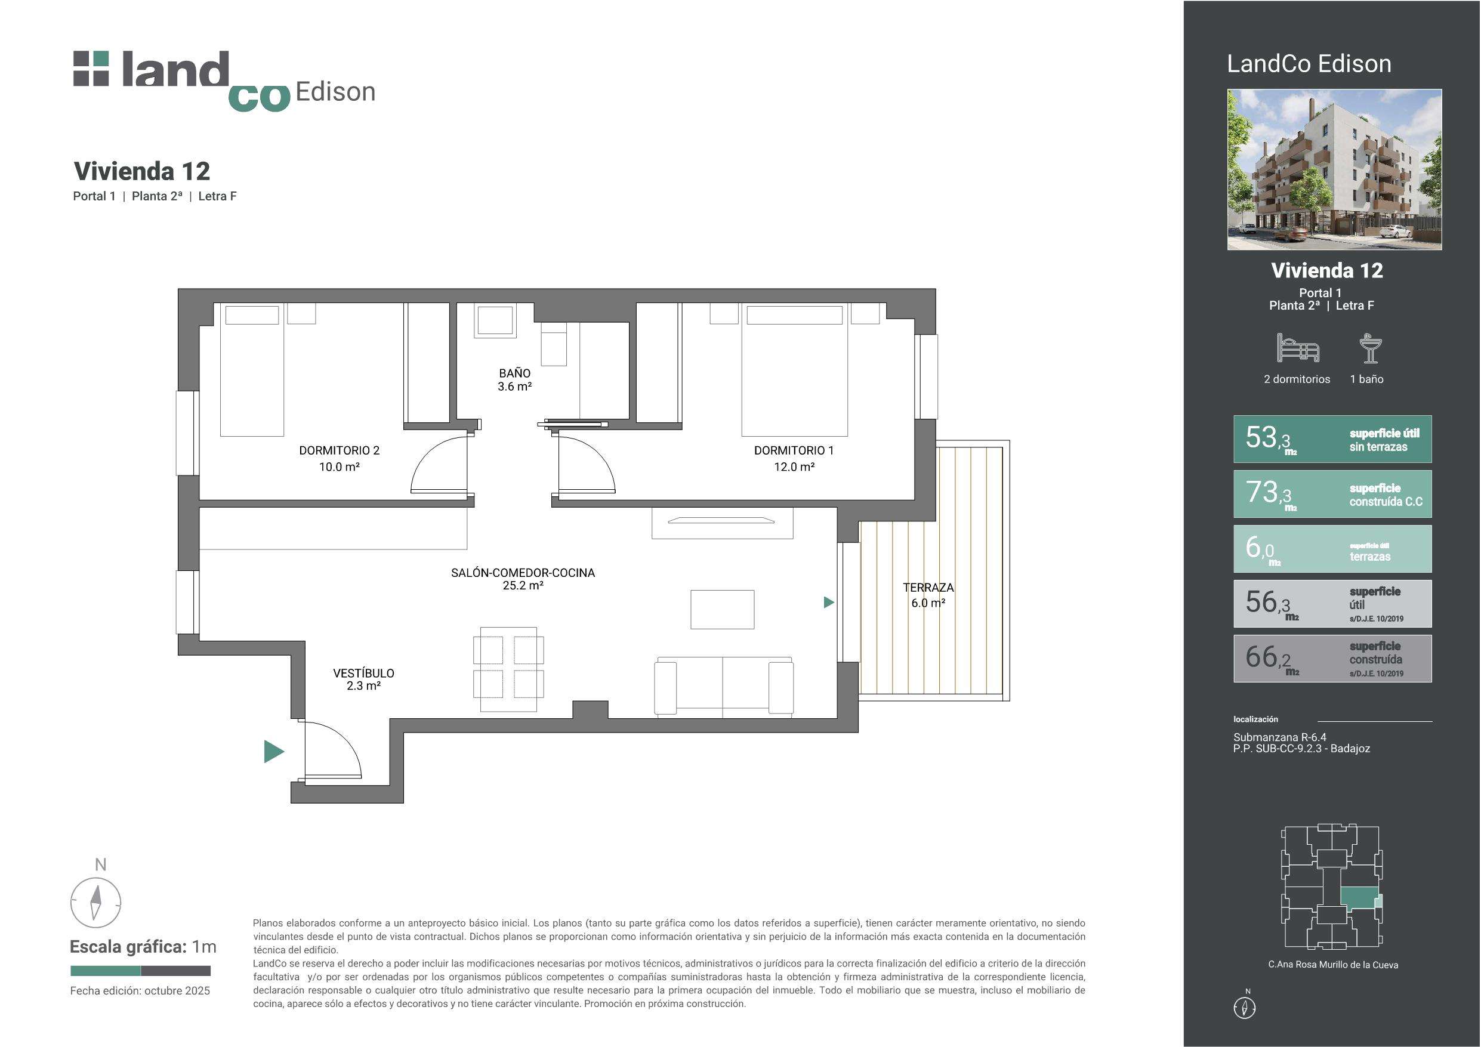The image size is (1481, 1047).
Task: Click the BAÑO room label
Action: coord(514,373)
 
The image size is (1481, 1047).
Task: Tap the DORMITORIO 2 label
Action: coord(340,450)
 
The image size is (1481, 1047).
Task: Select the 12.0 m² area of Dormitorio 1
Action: coord(794,467)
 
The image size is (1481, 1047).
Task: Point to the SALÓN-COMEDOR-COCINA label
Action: coord(523,572)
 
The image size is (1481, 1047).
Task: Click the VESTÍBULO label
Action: coord(363,673)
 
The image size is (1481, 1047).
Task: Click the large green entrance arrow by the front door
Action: coord(274,752)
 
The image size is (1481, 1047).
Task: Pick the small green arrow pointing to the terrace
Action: coord(829,602)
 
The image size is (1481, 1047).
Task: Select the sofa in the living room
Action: coord(724,687)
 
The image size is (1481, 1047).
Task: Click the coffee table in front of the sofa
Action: coord(723,609)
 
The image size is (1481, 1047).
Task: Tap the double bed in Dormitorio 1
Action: coord(795,370)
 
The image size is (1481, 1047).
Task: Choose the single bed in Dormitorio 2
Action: coord(252,370)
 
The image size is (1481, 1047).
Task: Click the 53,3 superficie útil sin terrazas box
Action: coord(1332,438)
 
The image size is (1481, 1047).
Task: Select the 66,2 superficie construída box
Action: coord(1332,659)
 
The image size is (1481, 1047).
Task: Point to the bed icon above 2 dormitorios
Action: coord(1298,348)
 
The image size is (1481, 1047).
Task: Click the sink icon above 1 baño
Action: coord(1371,348)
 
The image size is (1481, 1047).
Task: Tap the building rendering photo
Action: coord(1334,169)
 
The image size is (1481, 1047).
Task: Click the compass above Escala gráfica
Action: coord(95,902)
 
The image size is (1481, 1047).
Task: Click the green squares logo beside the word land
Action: coord(91,69)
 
